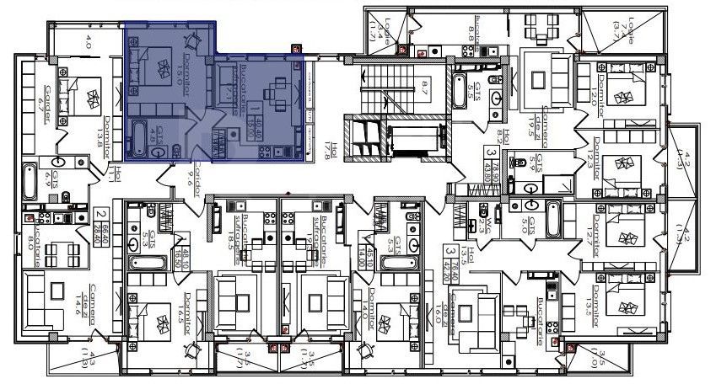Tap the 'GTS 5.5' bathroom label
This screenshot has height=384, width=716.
click(476, 92)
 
